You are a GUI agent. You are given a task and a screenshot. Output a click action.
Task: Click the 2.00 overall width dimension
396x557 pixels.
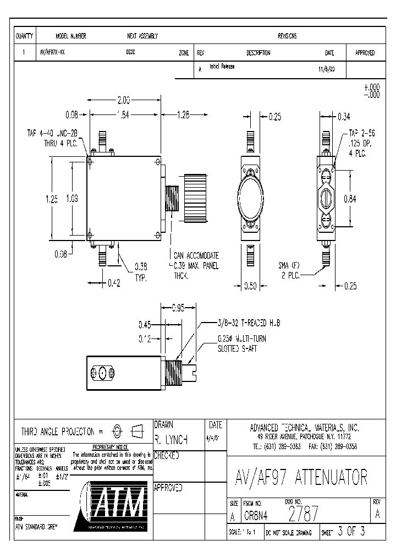click(x=124, y=101)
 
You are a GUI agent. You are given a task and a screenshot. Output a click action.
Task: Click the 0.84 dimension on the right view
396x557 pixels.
click(x=350, y=199)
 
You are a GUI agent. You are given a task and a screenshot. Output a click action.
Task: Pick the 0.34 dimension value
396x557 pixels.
click(x=343, y=116)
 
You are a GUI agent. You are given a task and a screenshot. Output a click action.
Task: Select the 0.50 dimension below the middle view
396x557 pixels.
click(x=251, y=286)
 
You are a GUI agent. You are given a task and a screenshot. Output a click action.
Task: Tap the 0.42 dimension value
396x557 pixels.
click(x=113, y=283)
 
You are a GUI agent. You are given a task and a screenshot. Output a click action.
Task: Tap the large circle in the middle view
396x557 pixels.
click(x=250, y=199)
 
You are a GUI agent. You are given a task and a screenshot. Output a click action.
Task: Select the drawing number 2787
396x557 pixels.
click(x=303, y=515)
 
